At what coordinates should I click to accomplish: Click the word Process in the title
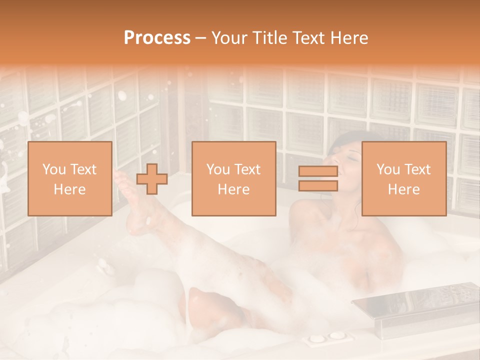coord(157,38)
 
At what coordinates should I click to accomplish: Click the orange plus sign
coord(152,179)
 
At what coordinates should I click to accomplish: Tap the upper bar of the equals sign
coord(318,171)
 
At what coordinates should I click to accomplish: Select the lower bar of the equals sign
coord(318,186)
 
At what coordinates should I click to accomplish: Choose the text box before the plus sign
coord(69,179)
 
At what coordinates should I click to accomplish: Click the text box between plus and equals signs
coord(233,179)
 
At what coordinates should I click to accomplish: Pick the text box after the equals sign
coord(403,179)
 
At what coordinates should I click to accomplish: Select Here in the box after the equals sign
coord(403,189)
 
